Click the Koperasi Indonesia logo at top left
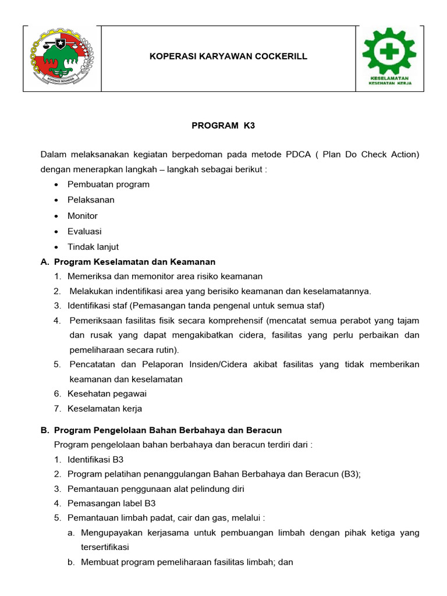tap(62, 58)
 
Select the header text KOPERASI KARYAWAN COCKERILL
tap(228, 56)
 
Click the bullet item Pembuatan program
tap(108, 185)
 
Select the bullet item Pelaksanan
tap(91, 200)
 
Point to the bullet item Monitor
tap(83, 216)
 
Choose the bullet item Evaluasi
tap(84, 232)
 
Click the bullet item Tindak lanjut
tap(93, 247)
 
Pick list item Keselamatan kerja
tap(105, 409)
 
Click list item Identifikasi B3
tap(95, 460)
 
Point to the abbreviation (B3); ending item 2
tap(349, 474)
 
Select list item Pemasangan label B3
tap(112, 503)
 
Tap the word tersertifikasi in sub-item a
tap(105, 548)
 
